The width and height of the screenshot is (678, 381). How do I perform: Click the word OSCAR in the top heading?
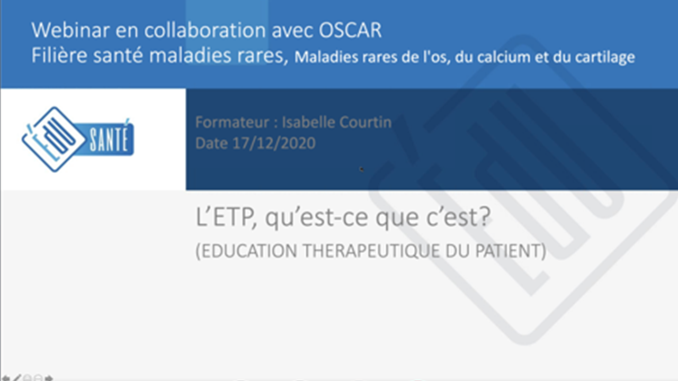[350, 30]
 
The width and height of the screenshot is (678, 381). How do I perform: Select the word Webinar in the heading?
[70, 30]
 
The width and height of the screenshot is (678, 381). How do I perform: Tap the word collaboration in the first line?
[205, 30]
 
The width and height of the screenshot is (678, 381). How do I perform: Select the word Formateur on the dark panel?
[232, 122]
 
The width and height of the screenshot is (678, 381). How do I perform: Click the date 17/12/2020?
[274, 143]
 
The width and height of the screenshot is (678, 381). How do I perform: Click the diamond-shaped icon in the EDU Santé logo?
[54, 139]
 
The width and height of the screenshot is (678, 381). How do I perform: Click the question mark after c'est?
[484, 216]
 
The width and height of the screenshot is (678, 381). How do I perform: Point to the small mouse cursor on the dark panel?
[361, 169]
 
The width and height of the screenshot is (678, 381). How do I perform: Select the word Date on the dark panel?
[211, 143]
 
